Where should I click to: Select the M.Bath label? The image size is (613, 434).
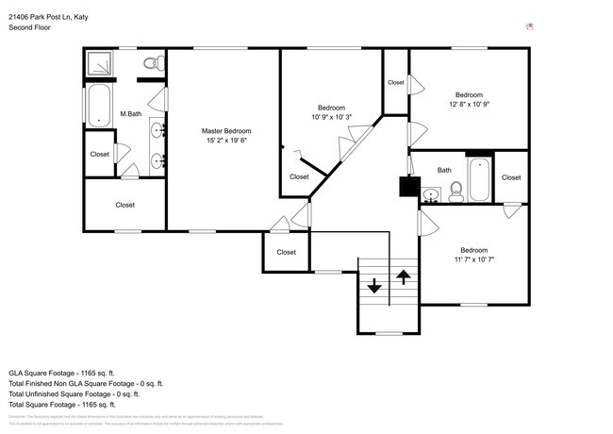coord(130,114)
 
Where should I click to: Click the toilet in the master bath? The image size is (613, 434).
coord(150,63)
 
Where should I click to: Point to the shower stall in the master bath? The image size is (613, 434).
coord(98,64)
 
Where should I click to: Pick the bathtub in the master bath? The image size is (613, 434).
coord(98,105)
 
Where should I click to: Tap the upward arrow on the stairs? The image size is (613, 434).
coord(404,276)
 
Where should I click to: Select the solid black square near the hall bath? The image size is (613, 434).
coord(408,187)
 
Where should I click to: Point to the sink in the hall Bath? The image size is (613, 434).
coord(431,196)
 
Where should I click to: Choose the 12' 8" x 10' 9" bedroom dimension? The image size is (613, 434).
coord(469,105)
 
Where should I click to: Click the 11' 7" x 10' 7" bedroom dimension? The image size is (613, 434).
coord(473,259)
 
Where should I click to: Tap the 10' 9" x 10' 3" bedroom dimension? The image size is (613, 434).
coord(331,117)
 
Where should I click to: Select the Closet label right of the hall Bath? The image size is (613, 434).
coord(511,177)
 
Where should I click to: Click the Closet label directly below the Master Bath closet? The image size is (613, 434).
coord(124,205)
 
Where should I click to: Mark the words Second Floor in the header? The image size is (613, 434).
coord(29,28)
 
